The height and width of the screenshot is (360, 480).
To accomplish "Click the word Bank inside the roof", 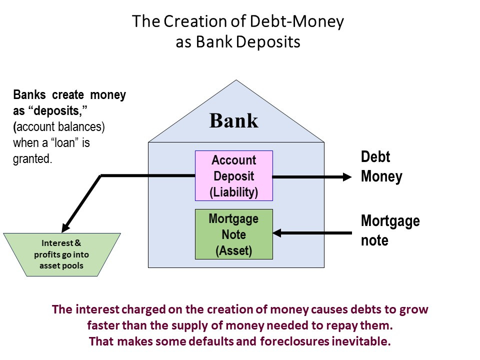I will point(233,121).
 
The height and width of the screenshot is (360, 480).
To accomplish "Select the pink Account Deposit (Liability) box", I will point(233,176).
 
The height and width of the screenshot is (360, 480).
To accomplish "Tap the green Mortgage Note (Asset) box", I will point(233,234).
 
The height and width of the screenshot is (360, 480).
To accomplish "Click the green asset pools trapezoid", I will point(62,254).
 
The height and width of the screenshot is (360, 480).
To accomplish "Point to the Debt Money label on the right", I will point(381,167).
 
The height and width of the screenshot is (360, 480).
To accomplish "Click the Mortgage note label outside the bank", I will point(390,230).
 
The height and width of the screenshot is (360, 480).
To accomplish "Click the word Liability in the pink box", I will point(234,192).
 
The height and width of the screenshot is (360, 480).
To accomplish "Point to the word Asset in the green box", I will point(233,251).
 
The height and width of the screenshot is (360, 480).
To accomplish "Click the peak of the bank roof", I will point(236,80).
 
